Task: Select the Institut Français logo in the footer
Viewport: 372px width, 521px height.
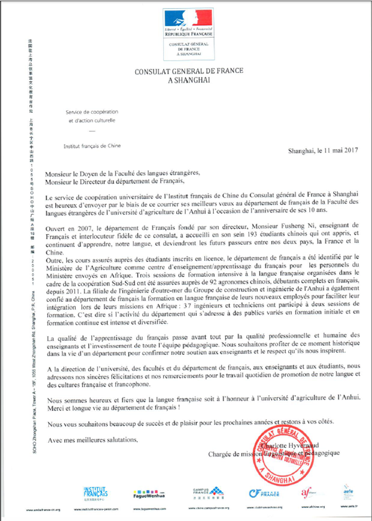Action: pos(95,492)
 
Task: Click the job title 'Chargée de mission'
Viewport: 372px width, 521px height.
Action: pos(242,453)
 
